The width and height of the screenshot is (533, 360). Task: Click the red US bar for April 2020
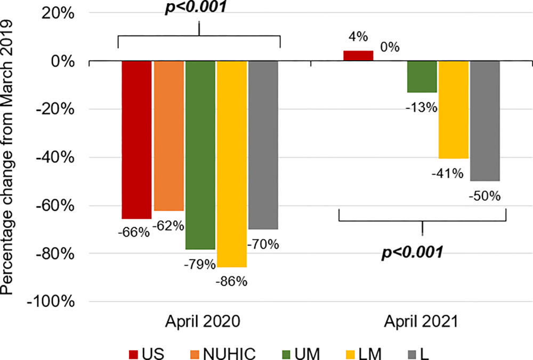pos(136,140)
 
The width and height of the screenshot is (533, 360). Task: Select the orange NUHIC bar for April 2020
pos(169,135)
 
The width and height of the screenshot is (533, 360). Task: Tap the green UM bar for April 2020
pos(200,155)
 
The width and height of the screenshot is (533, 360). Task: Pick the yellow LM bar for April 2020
pos(232,163)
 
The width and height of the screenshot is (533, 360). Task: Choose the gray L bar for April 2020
pos(263,144)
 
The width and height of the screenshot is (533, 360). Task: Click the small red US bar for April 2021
pos(358,56)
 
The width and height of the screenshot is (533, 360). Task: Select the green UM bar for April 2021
pos(422,77)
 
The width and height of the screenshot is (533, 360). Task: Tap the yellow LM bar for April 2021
pos(454,110)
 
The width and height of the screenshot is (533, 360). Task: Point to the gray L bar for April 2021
pos(485,121)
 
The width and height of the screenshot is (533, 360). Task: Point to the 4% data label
pos(358,37)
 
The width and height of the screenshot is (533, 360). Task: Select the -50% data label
pos(485,196)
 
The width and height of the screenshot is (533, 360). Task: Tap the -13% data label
pos(422,108)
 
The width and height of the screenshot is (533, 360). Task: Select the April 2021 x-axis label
pos(422,322)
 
